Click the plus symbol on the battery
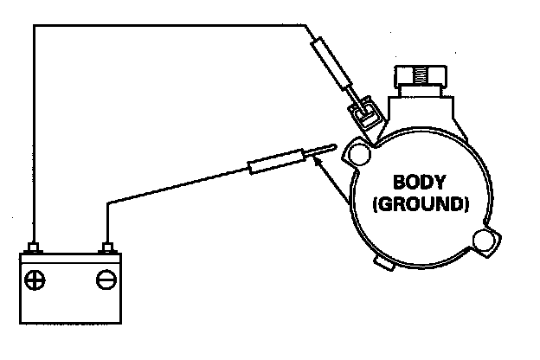pos(36,280)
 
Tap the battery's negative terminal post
pos(107,249)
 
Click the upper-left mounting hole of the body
pos(354,156)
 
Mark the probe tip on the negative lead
pos(324,149)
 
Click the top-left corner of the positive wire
pos(33,27)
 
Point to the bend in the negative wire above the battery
pos(107,204)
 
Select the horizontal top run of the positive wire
pos(173,27)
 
